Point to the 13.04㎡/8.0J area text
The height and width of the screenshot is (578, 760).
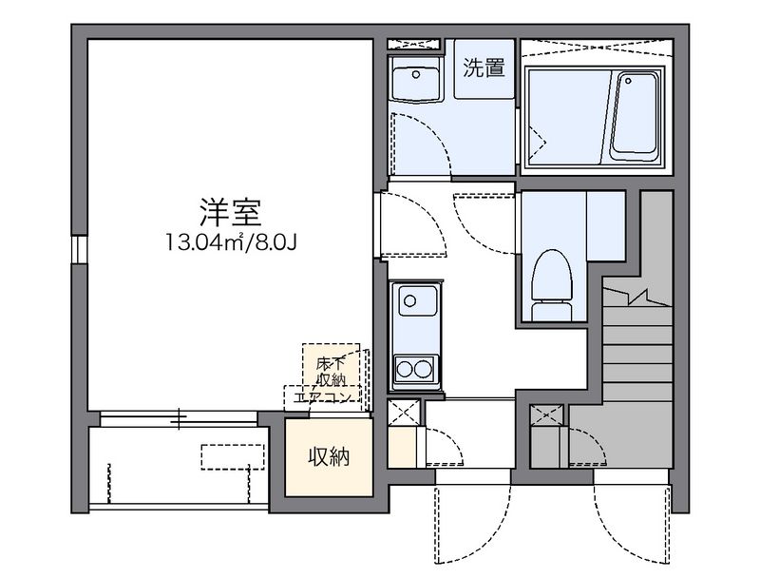coord(231,241)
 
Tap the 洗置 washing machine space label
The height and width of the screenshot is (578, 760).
coord(483,68)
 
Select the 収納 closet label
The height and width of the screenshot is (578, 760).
coord(328,457)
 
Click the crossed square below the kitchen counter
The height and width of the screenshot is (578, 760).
coord(402,414)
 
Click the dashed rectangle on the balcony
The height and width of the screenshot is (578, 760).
coord(232,455)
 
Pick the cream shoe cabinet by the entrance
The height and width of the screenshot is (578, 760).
coord(402,448)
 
